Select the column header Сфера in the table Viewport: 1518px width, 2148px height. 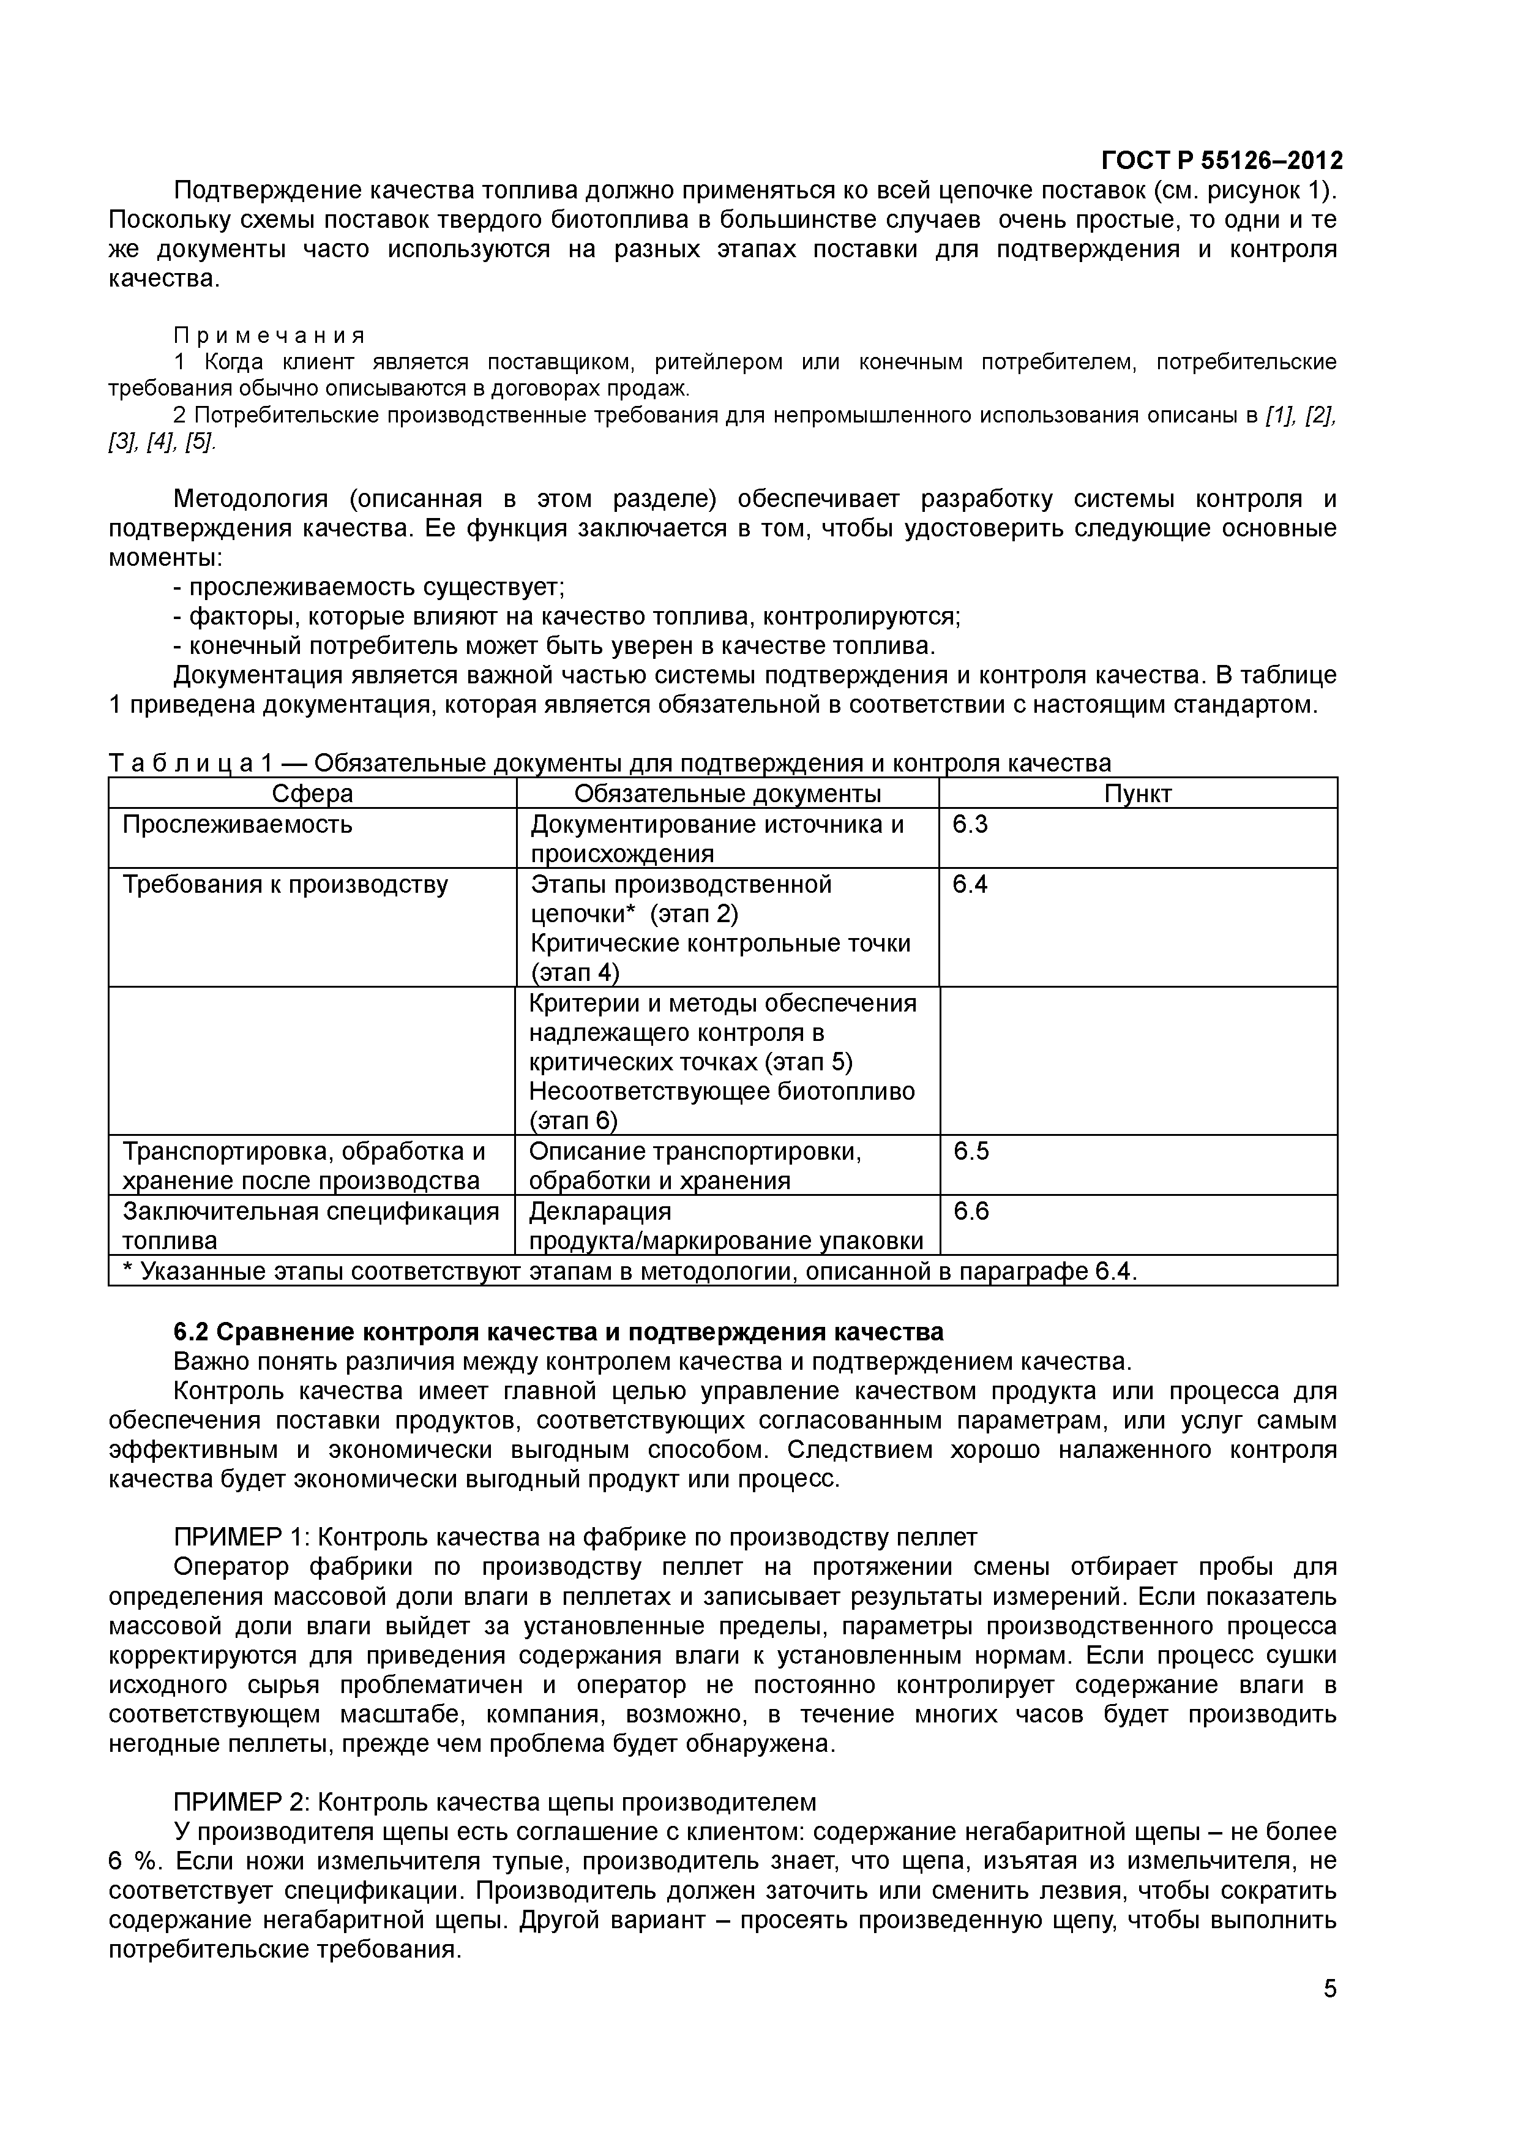pos(312,794)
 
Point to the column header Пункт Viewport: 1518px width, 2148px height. pos(1137,794)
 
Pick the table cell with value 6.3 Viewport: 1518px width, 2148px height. pos(970,824)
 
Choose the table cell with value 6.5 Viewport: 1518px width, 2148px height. pos(971,1151)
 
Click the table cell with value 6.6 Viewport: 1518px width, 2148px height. pos(971,1212)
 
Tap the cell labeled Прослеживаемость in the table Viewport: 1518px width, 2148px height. pos(237,824)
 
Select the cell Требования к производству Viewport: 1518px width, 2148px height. pos(285,884)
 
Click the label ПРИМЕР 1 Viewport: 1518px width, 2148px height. pos(241,1537)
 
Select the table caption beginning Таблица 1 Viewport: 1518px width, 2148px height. pos(609,764)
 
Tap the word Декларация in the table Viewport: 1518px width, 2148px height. pos(599,1212)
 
